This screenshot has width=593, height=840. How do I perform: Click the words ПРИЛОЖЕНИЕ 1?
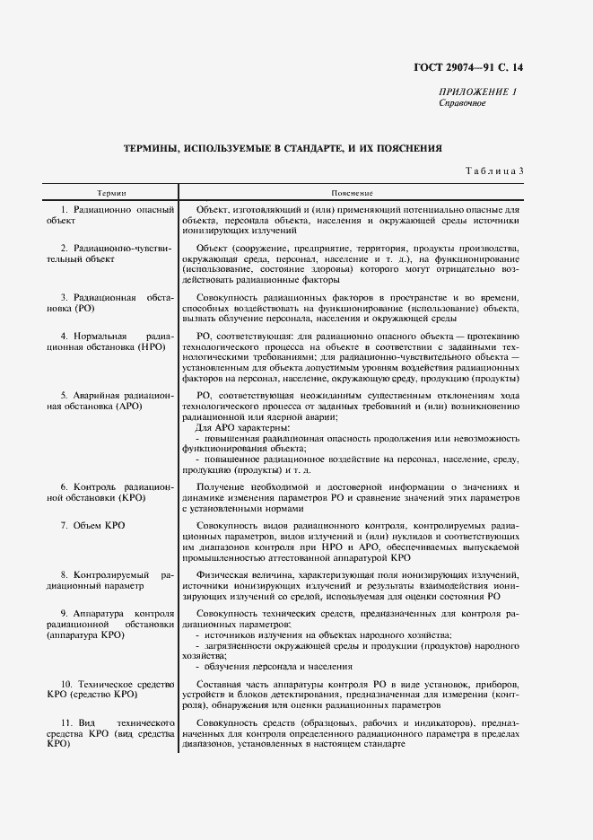pos(478,92)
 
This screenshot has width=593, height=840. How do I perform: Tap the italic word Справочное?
pos(462,104)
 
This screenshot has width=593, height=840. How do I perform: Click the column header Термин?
pos(111,193)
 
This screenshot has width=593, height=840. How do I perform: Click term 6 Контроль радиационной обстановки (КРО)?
pos(109,491)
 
